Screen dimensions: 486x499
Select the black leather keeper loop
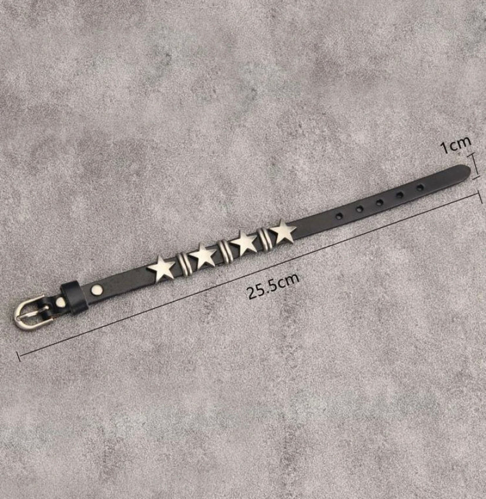click(x=74, y=298)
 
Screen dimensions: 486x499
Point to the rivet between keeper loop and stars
click(x=97, y=289)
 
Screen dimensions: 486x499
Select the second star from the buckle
click(x=203, y=255)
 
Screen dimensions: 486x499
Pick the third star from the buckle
click(x=244, y=243)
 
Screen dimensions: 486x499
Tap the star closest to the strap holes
click(x=283, y=232)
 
